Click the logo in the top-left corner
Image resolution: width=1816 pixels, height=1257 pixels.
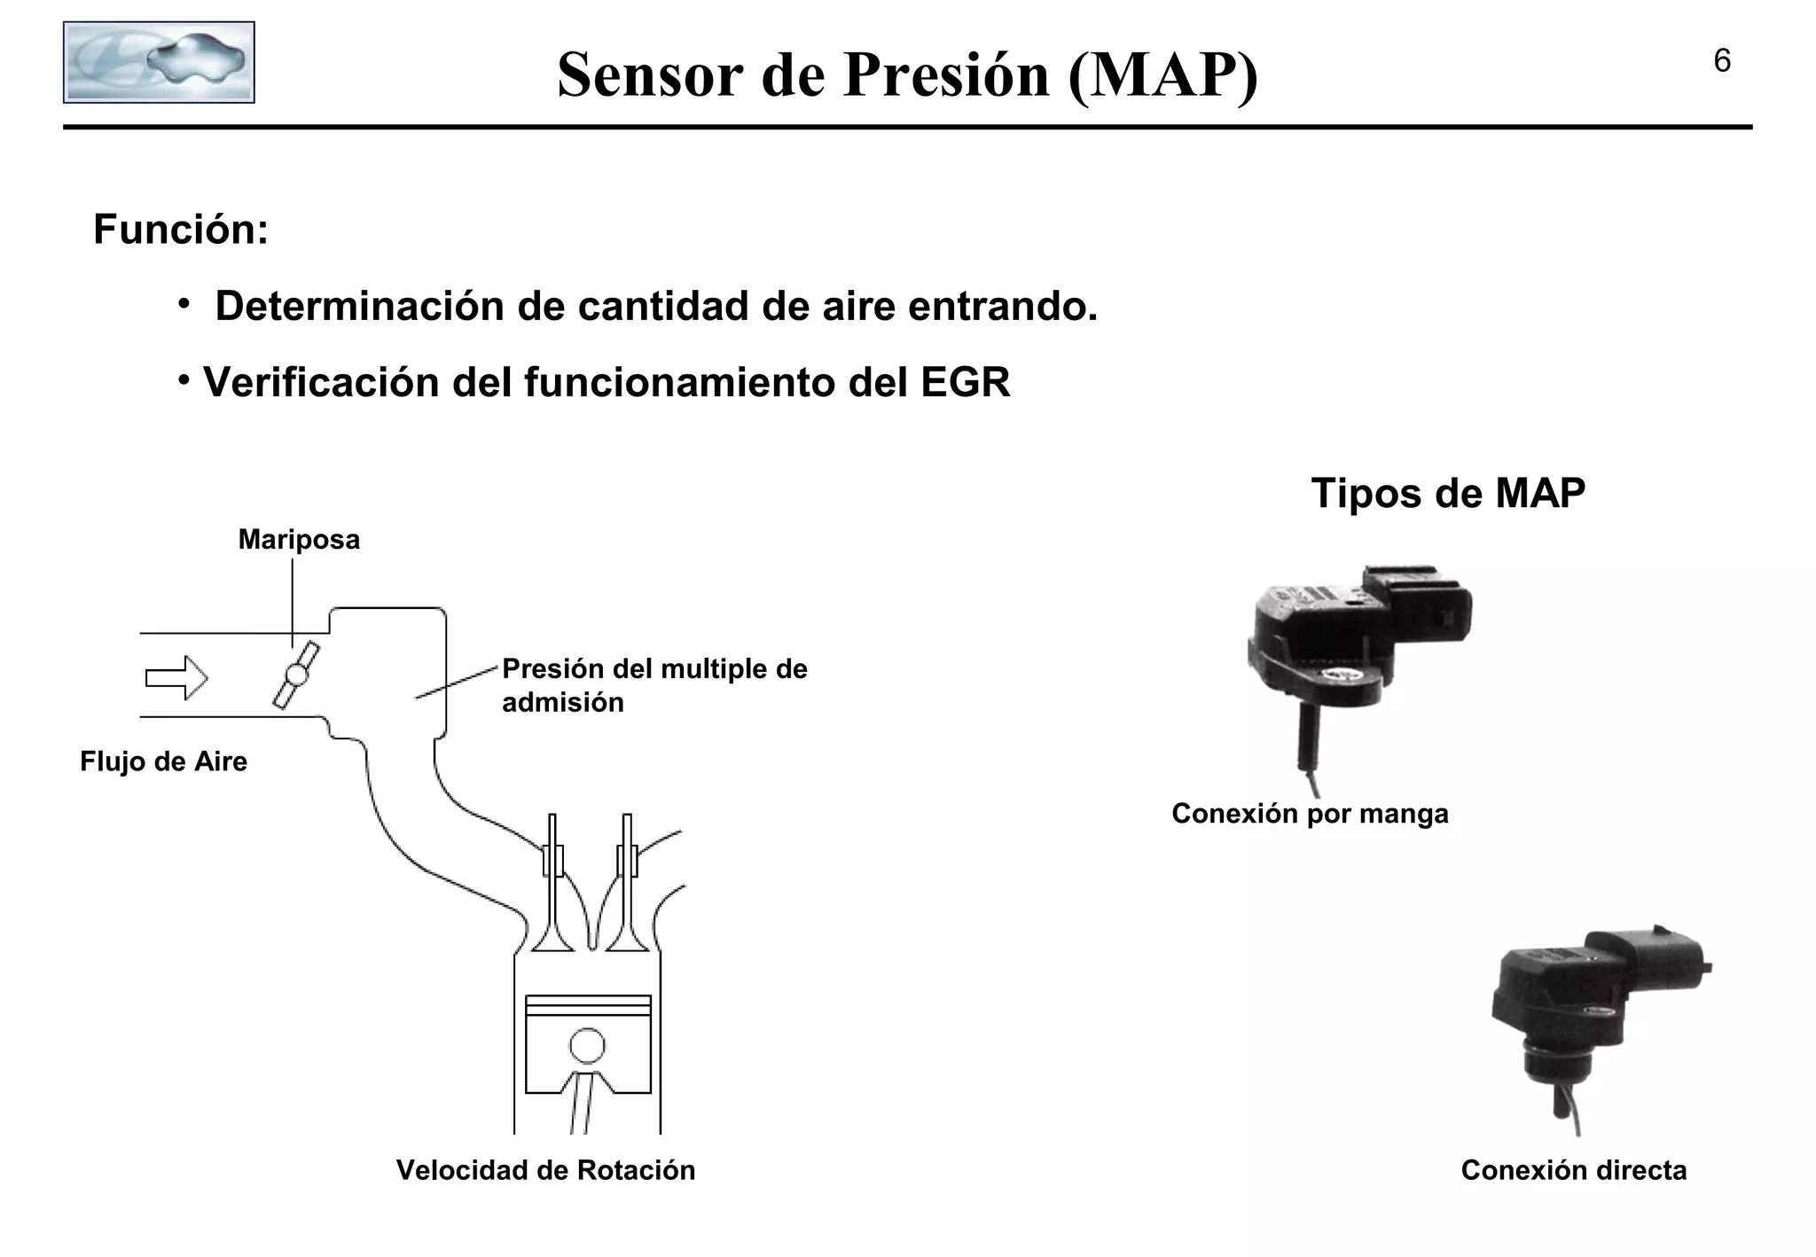pyautogui.click(x=159, y=62)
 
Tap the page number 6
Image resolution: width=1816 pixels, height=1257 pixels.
pyautogui.click(x=1722, y=61)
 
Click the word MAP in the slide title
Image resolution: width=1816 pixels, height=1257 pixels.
pyautogui.click(x=1162, y=74)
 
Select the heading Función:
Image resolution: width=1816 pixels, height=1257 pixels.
pyautogui.click(x=181, y=230)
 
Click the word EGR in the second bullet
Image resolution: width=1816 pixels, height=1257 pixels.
pyautogui.click(x=965, y=383)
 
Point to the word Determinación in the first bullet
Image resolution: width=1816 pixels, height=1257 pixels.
pyautogui.click(x=360, y=307)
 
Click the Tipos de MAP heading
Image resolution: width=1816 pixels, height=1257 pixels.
pyautogui.click(x=1448, y=493)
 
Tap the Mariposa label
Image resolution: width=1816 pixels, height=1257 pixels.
pyautogui.click(x=299, y=540)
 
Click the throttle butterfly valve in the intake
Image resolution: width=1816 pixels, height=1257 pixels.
pyautogui.click(x=296, y=675)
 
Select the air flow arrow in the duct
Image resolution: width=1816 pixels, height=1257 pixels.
pyautogui.click(x=176, y=678)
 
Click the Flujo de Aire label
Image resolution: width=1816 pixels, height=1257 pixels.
pyautogui.click(x=163, y=761)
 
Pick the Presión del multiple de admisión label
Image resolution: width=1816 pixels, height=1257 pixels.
pyautogui.click(x=654, y=685)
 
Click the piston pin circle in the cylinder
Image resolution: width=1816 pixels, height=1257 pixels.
pyautogui.click(x=587, y=1046)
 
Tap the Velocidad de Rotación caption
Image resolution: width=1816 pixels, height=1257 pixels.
pyautogui.click(x=545, y=1170)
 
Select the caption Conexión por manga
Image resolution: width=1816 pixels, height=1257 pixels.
pyautogui.click(x=1310, y=813)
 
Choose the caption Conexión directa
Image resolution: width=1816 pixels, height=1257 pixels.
pyautogui.click(x=1573, y=1170)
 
